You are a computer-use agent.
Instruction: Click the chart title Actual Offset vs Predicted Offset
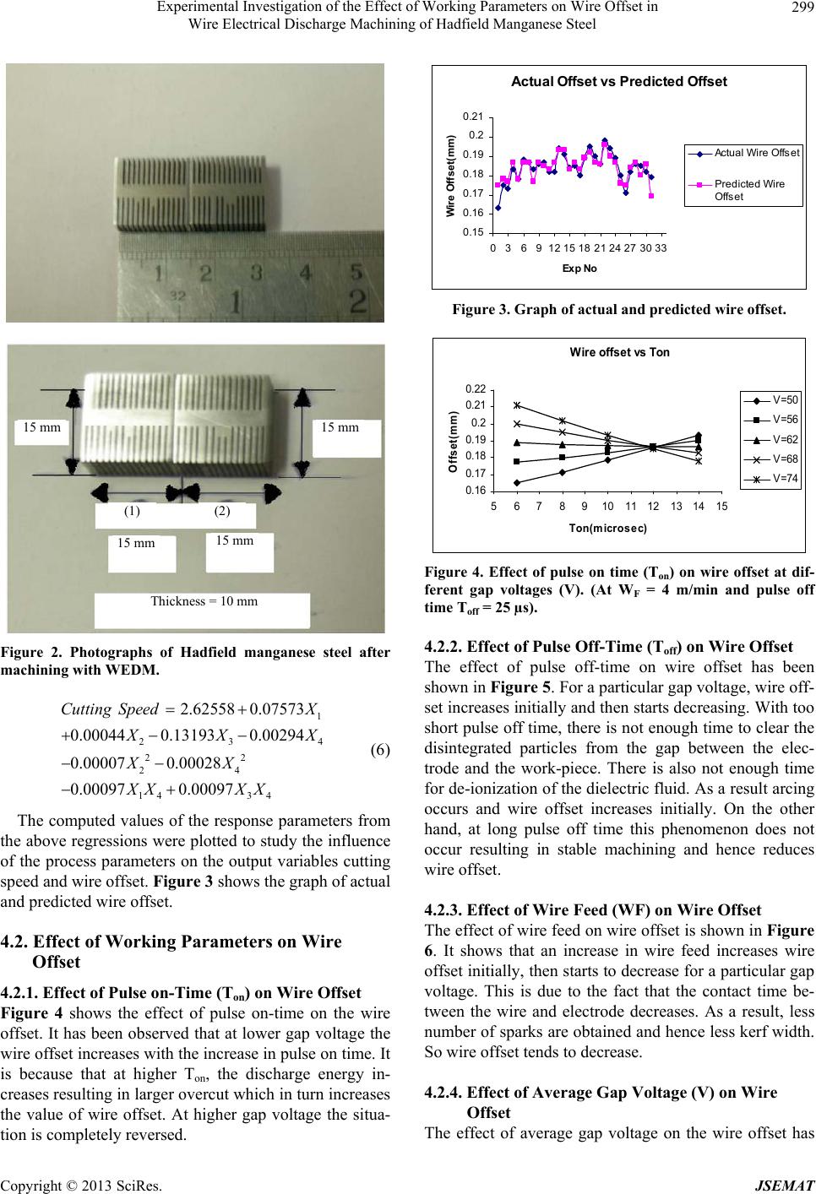pyautogui.click(x=618, y=82)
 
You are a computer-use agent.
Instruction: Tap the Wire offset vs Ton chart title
pyautogui.click(x=620, y=352)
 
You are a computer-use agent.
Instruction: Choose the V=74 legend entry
pyautogui.click(x=774, y=478)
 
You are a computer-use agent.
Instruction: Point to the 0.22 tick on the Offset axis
pyautogui.click(x=474, y=389)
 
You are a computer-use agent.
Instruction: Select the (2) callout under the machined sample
pyautogui.click(x=222, y=511)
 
